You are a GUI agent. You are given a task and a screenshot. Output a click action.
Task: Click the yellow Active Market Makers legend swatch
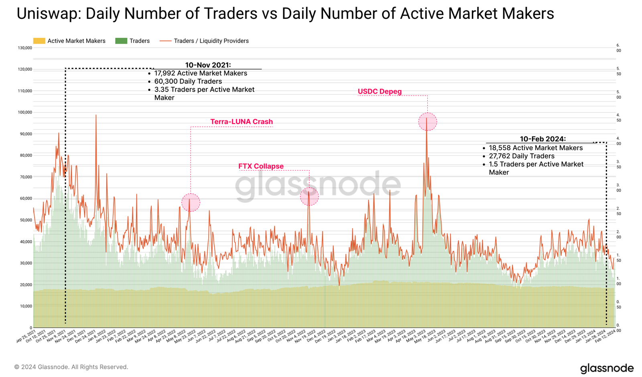click(39, 41)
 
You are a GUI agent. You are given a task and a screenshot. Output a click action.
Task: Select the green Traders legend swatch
click(121, 41)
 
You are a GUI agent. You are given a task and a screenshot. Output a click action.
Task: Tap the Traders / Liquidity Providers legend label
click(211, 41)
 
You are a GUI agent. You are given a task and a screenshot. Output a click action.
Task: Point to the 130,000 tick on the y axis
click(25, 48)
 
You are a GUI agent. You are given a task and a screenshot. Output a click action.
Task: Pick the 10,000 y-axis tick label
click(26, 306)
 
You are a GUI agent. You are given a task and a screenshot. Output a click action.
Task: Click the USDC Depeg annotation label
click(380, 92)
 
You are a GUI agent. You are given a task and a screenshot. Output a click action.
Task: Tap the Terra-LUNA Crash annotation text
click(242, 122)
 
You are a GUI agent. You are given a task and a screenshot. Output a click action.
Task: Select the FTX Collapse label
click(261, 166)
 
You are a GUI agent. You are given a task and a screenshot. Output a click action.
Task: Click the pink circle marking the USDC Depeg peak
click(427, 122)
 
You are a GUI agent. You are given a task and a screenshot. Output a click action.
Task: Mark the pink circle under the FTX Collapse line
click(309, 197)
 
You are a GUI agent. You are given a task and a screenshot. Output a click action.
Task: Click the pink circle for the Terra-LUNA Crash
click(191, 202)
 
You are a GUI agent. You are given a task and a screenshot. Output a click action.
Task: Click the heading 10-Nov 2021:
click(208, 65)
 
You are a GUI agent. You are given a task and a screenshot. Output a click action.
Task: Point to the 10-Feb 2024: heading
click(542, 139)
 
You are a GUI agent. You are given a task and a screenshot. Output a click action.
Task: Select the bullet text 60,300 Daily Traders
click(188, 82)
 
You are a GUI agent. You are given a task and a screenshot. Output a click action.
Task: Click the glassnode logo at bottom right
click(607, 368)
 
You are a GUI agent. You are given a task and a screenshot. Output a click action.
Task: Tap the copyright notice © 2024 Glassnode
click(71, 367)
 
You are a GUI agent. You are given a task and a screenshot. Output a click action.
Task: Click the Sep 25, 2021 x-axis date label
click(26, 336)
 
